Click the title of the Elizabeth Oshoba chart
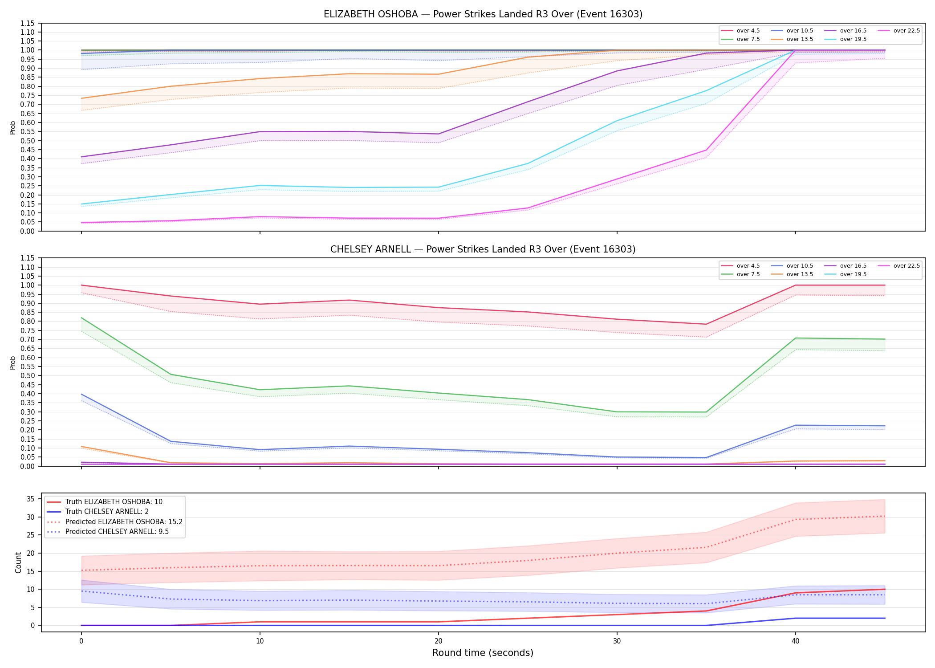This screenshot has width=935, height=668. [x=483, y=14]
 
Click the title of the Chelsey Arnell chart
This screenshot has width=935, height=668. [x=483, y=249]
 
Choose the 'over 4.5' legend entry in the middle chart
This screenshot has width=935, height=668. [x=740, y=266]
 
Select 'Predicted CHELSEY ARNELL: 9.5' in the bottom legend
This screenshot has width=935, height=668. [x=108, y=532]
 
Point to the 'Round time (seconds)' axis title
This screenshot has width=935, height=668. [x=483, y=653]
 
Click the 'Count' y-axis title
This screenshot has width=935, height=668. [x=18, y=562]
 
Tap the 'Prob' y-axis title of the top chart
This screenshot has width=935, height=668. [x=13, y=127]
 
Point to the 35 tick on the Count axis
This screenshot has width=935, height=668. [x=31, y=499]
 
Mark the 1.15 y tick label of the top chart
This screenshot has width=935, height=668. [x=28, y=23]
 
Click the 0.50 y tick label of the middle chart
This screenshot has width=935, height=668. [x=28, y=376]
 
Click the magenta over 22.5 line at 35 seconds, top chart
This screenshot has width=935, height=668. [x=706, y=150]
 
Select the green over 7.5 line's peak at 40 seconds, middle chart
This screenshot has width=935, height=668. [x=796, y=338]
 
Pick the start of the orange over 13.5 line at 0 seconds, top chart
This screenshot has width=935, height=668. [x=81, y=98]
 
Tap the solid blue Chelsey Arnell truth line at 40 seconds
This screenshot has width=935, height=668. [x=796, y=618]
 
